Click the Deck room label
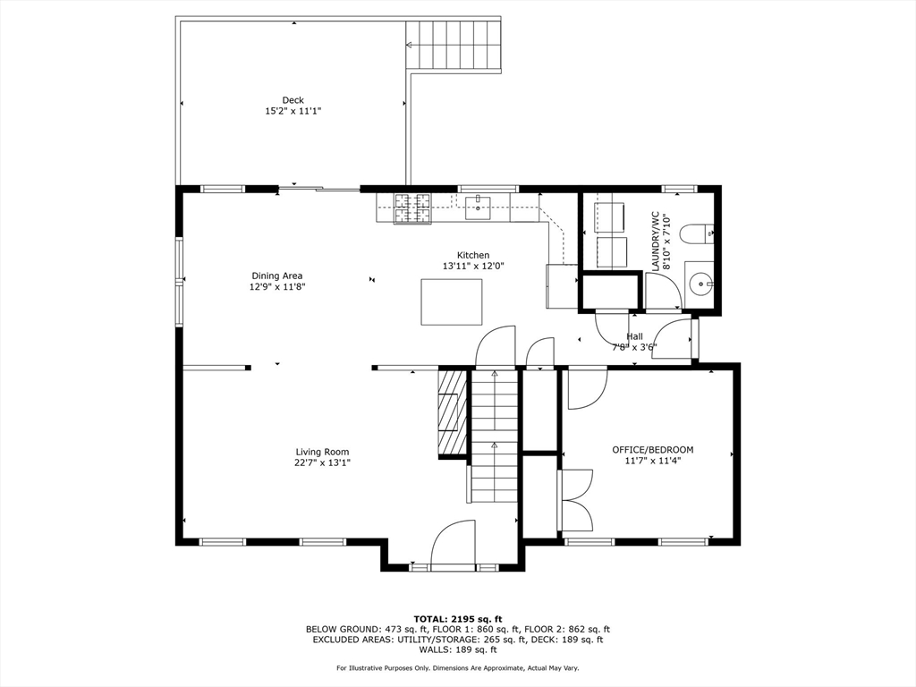click(293, 100)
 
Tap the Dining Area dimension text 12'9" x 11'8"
click(277, 287)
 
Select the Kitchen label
click(473, 255)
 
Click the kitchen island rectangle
click(452, 301)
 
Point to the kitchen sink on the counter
click(478, 208)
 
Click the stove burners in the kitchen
click(412, 208)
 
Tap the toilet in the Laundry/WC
click(698, 235)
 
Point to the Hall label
click(634, 336)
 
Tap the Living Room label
click(322, 452)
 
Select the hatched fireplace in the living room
click(453, 412)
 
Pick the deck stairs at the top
click(454, 45)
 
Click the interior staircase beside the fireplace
click(495, 436)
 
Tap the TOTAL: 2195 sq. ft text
click(458, 619)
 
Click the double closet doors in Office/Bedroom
click(577, 501)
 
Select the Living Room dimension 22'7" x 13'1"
click(322, 462)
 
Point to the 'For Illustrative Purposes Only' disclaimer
click(458, 667)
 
